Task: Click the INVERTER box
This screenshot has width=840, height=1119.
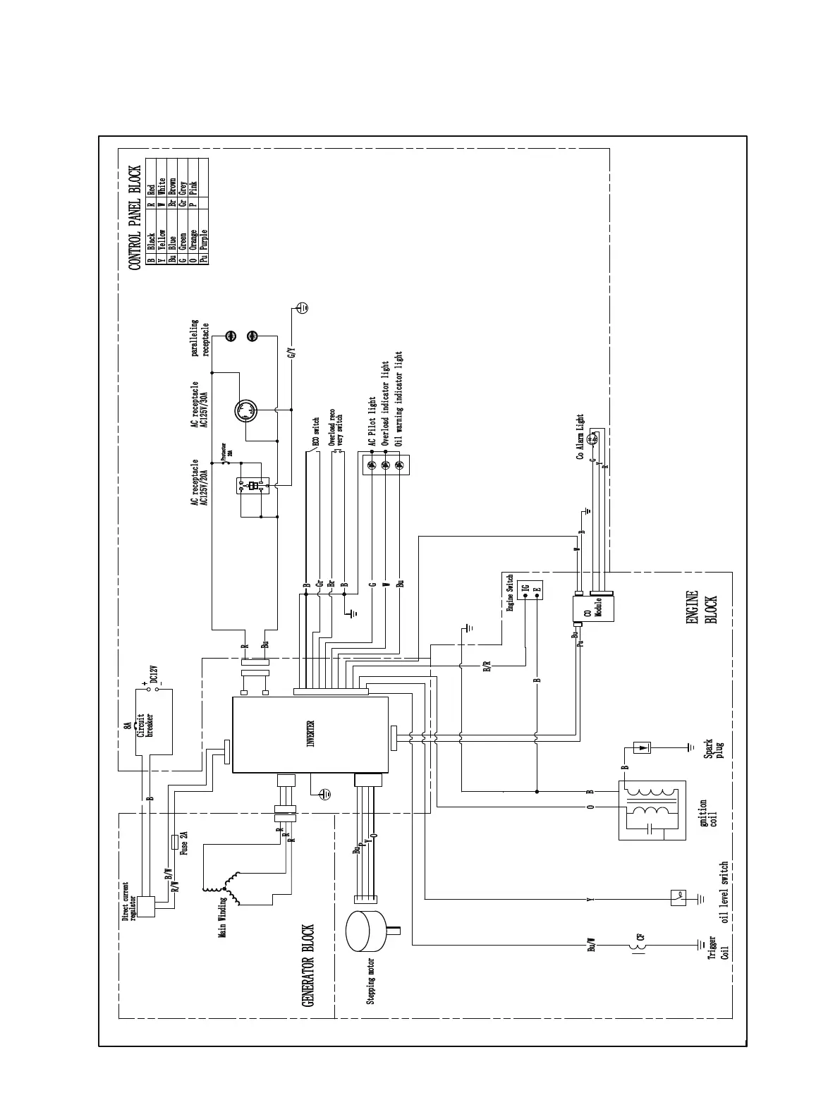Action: tap(310, 734)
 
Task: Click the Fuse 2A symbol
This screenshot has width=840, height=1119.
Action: tap(175, 842)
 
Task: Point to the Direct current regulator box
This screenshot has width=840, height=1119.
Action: tap(146, 907)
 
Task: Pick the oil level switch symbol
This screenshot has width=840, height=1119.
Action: tap(678, 898)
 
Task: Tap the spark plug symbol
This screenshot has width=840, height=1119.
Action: tap(643, 747)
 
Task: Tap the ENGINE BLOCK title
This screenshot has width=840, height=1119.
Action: tap(701, 608)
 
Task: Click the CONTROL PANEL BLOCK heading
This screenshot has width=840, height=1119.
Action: tap(134, 218)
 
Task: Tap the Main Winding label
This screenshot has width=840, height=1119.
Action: tap(222, 916)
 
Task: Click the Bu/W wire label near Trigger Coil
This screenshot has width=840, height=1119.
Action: tap(592, 945)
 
